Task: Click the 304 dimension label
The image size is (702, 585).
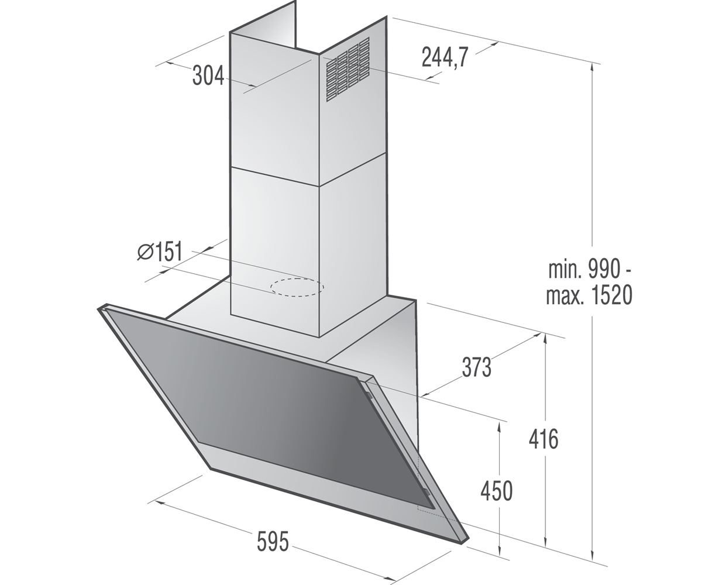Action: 208,76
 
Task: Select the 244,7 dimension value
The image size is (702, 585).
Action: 445,57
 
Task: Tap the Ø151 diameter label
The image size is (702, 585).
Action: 160,251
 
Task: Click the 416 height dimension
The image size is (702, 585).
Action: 543,439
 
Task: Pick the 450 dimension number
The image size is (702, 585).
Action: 497,491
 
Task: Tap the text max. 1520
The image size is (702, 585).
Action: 589,295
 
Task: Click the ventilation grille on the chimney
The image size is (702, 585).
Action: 347,70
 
